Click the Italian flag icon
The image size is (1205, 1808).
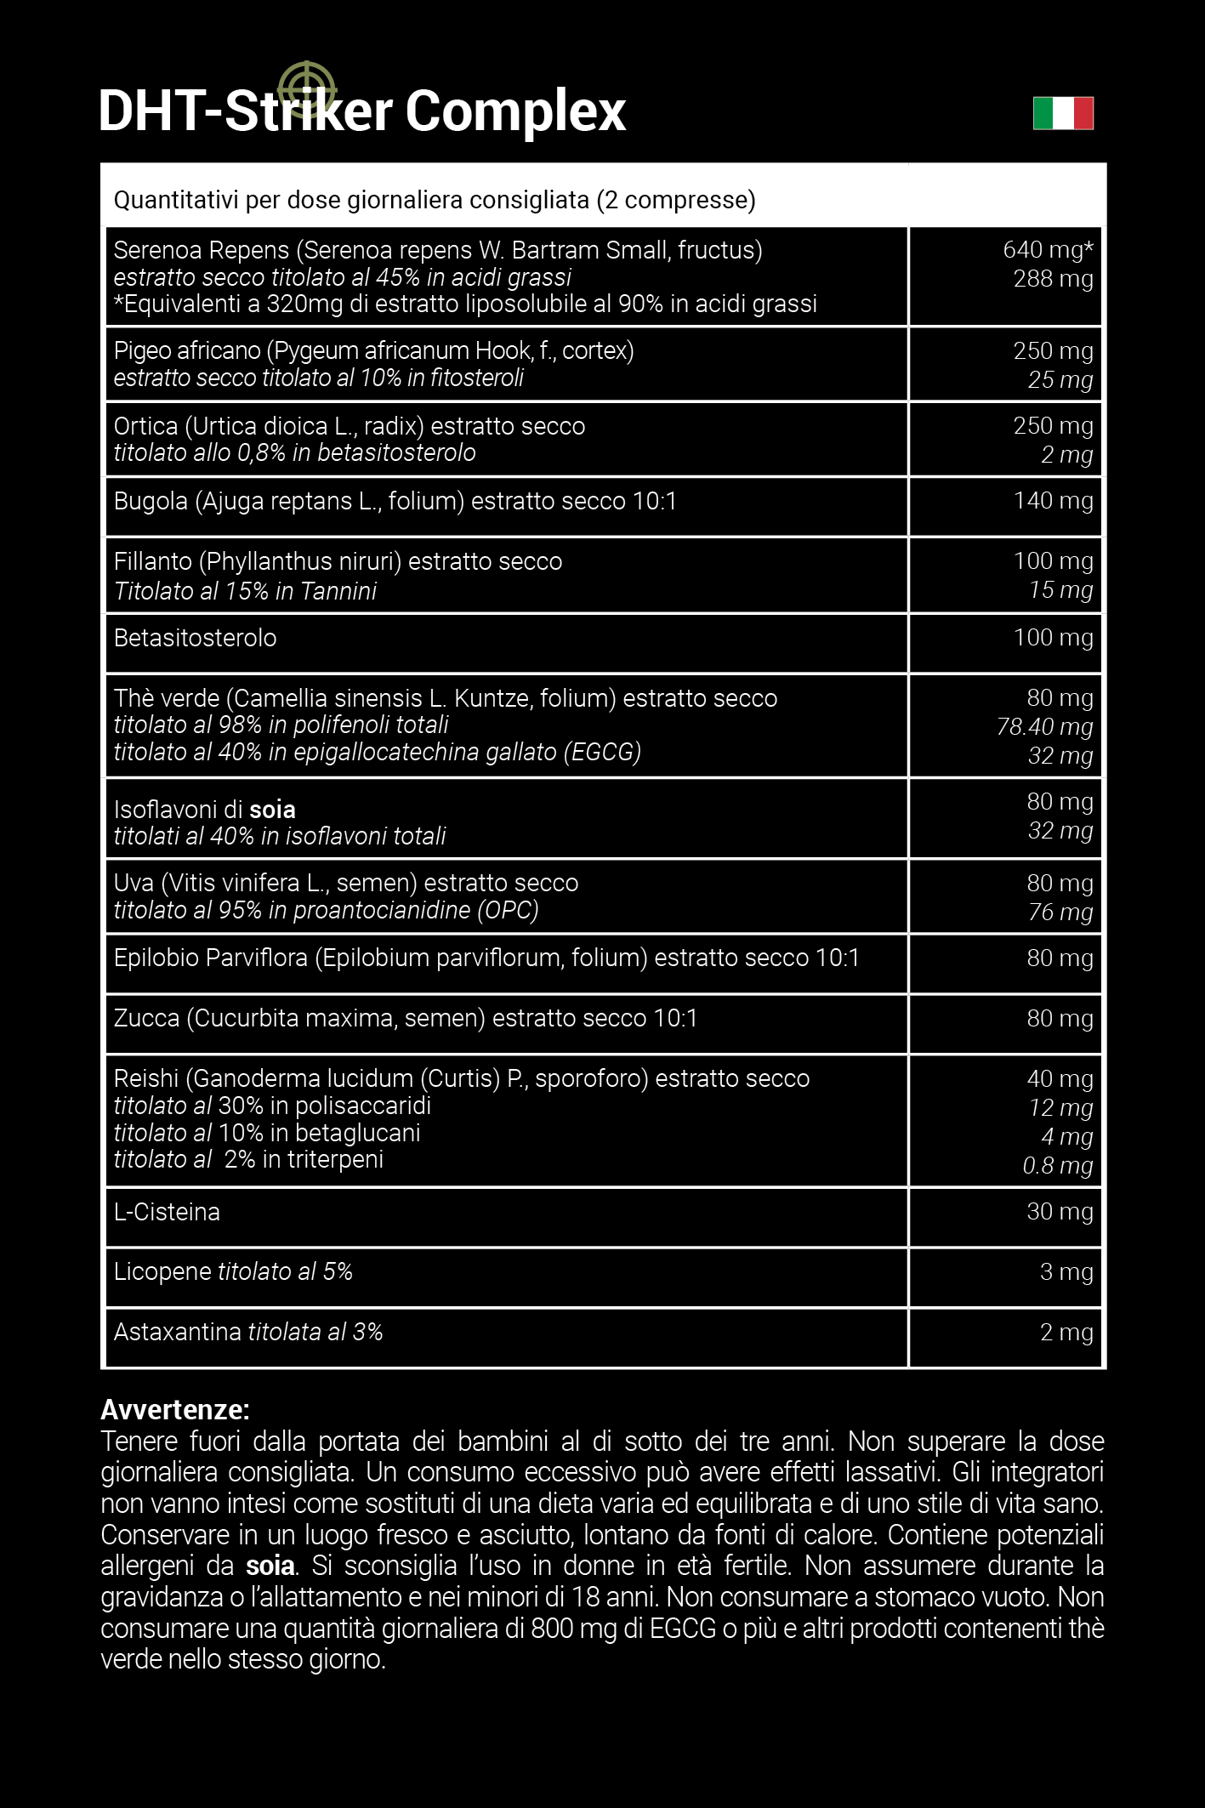point(1063,113)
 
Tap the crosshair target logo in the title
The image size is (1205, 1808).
point(307,88)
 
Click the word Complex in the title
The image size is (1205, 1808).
point(515,111)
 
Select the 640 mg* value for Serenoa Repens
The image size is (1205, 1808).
point(1048,250)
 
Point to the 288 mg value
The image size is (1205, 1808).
point(1053,279)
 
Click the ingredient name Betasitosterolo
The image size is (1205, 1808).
point(195,638)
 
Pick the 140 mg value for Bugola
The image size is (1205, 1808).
point(1053,501)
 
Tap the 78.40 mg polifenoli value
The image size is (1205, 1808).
point(1044,727)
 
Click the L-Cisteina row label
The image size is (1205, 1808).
point(167,1212)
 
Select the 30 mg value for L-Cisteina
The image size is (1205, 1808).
point(1060,1212)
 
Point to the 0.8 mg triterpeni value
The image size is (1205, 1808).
point(1058,1166)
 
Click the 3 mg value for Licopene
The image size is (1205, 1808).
point(1066,1272)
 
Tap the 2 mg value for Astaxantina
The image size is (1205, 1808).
point(1066,1333)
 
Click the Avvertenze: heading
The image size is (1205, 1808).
point(175,1410)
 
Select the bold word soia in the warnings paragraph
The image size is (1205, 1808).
point(270,1566)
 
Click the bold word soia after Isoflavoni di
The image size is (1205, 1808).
point(272,810)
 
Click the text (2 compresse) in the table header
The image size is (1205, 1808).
point(676,201)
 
